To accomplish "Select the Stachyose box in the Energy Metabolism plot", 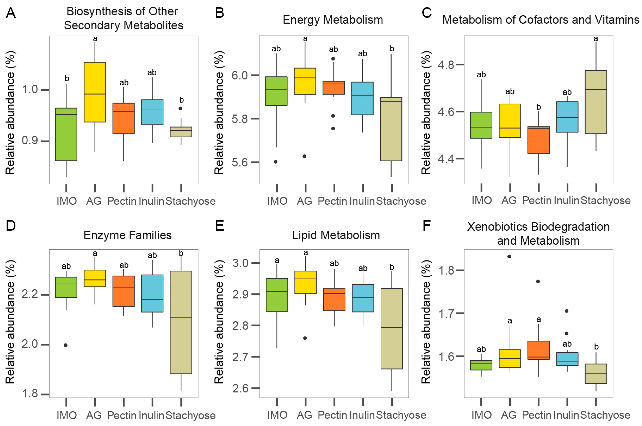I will [391, 129].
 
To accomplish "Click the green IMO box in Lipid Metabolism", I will [277, 295].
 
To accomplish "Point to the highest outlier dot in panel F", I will [509, 256].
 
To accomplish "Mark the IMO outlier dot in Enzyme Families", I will [66, 345].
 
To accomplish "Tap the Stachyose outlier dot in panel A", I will [180, 108].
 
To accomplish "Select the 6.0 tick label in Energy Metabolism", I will [239, 75].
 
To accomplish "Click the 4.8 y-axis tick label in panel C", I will [446, 65].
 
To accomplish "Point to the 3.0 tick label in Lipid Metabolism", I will [240, 263].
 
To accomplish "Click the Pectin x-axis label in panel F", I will [537, 415].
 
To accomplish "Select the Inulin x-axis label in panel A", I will [151, 201].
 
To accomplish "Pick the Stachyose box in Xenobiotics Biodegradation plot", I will [596, 374].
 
